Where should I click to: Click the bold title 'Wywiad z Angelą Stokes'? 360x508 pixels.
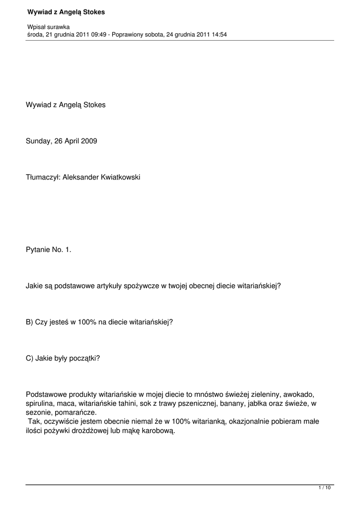pyautogui.click(x=66, y=11)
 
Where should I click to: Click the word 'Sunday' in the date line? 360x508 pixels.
pyautogui.click(x=38, y=141)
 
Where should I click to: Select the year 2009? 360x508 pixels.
pyautogui.click(x=89, y=141)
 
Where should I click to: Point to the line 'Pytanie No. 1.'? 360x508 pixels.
pyautogui.click(x=49, y=250)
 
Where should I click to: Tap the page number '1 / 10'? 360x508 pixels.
pyautogui.click(x=324, y=489)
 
